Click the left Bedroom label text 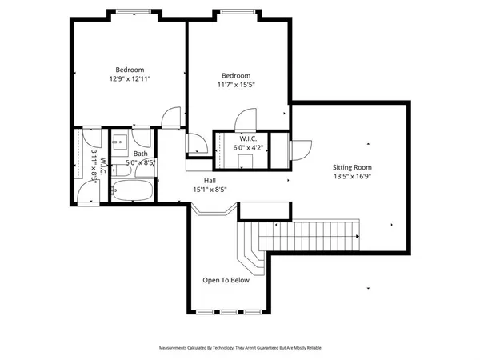tap(129, 70)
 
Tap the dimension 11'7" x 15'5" tap(236, 85)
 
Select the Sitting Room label tap(353, 167)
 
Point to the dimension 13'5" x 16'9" tap(353, 178)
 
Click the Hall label tap(210, 181)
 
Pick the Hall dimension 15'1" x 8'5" tap(210, 190)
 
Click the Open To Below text tap(226, 280)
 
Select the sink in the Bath tap(118, 142)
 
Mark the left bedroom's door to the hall tap(170, 118)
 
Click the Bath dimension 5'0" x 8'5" tap(140, 162)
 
